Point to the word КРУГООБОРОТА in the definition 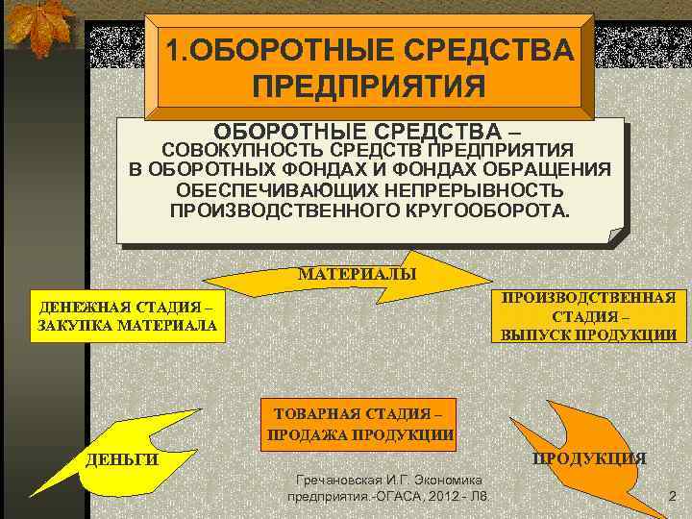tap(480, 210)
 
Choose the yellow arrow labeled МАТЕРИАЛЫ tap(356, 275)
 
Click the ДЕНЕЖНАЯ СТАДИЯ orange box tap(124, 315)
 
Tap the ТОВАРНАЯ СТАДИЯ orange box tap(358, 423)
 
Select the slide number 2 tap(672, 497)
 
